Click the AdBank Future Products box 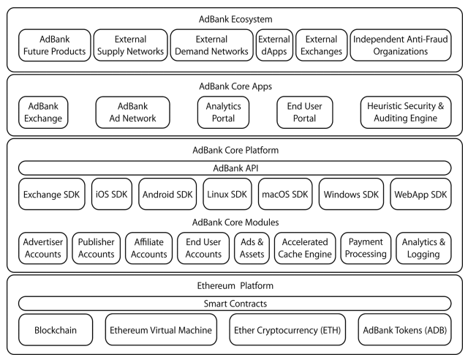pyautogui.click(x=55, y=45)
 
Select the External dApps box pyautogui.click(x=274, y=45)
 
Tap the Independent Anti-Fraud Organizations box pyautogui.click(x=401, y=45)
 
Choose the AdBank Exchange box pyautogui.click(x=43, y=113)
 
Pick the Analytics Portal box pyautogui.click(x=223, y=113)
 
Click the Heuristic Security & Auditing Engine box pyautogui.click(x=406, y=113)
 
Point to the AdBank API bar pyautogui.click(x=235, y=168)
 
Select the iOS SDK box pyautogui.click(x=112, y=194)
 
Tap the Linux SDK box pyautogui.click(x=227, y=194)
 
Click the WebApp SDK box pyautogui.click(x=420, y=194)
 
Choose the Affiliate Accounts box pyautogui.click(x=149, y=248)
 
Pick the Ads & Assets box pyautogui.click(x=252, y=248)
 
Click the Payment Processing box pyautogui.click(x=366, y=248)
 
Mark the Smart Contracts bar pyautogui.click(x=235, y=304)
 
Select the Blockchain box pyautogui.click(x=56, y=330)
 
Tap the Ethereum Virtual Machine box pyautogui.click(x=161, y=330)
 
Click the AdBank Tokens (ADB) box pyautogui.click(x=404, y=330)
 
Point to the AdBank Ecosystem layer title pyautogui.click(x=235, y=20)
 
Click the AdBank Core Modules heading pyautogui.click(x=235, y=222)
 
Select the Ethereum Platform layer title pyautogui.click(x=235, y=285)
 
